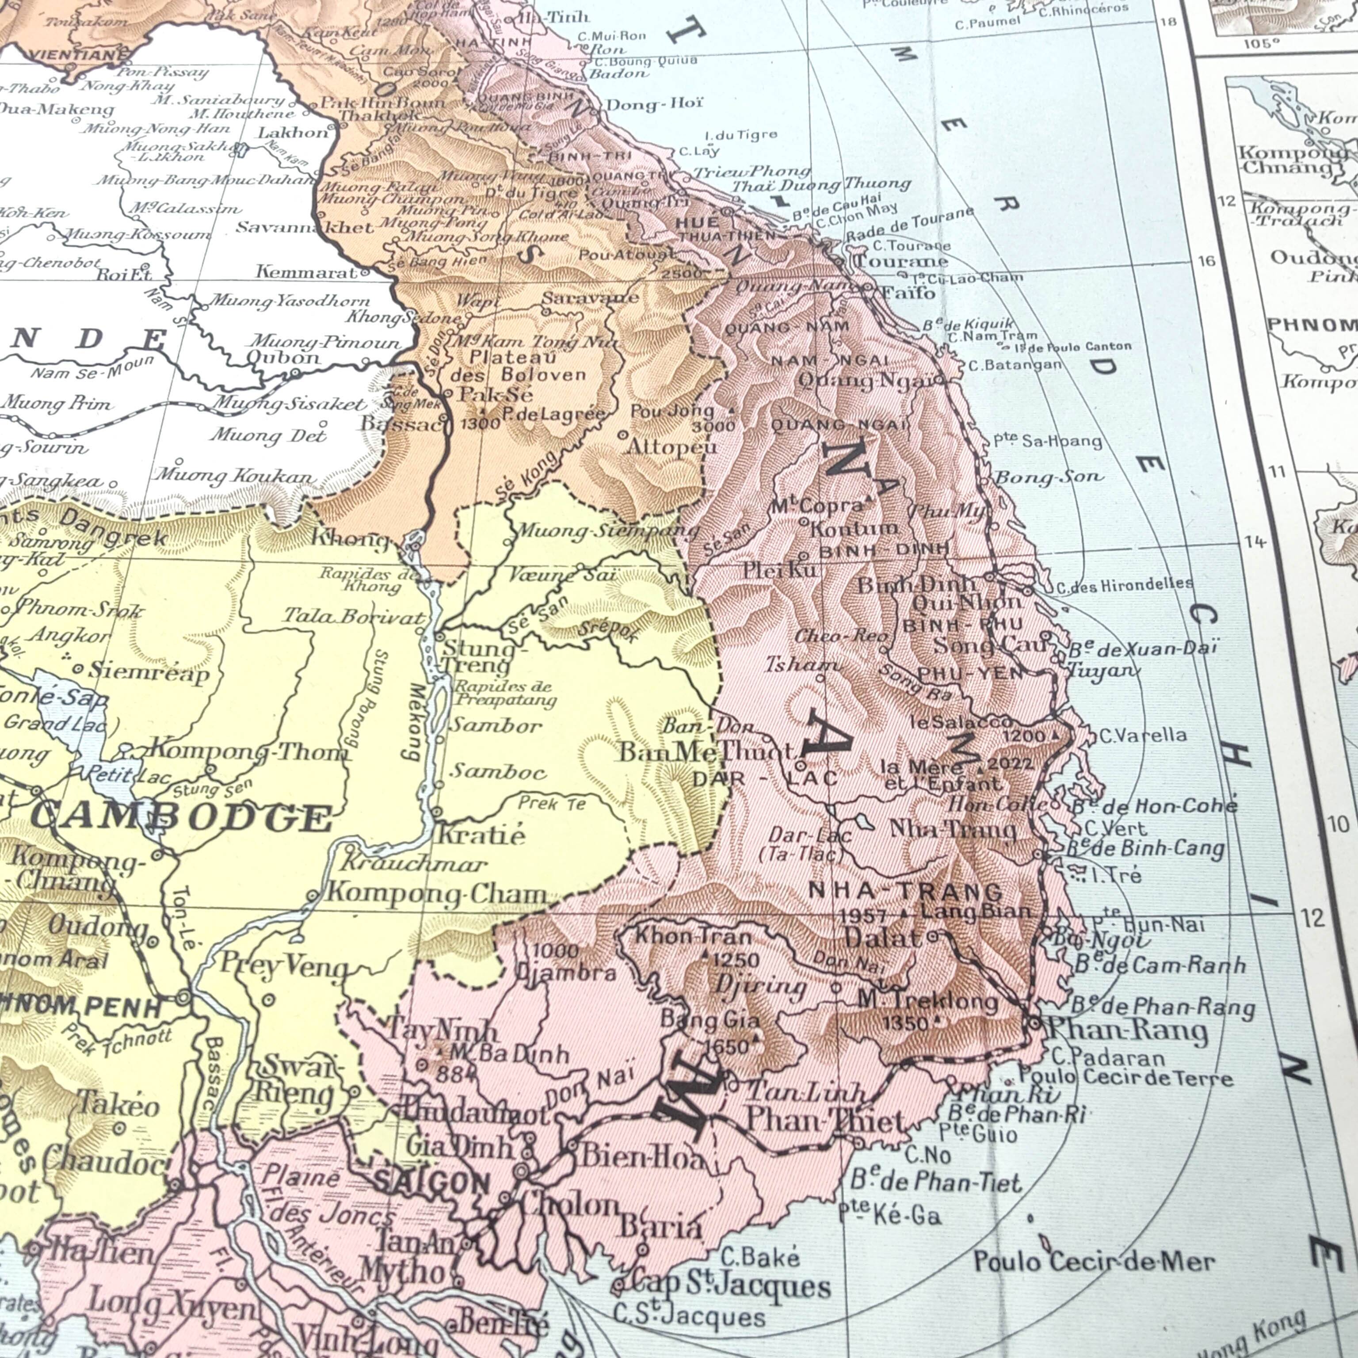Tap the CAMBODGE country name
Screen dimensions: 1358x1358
[x=181, y=817]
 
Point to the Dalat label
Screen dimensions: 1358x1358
[x=881, y=937]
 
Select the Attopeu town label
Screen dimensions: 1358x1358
[x=671, y=446]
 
